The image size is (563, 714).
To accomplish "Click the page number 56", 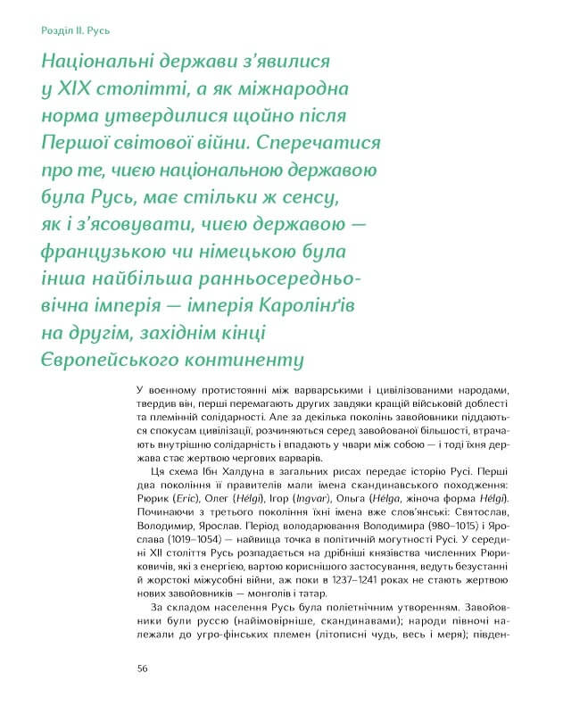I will tap(143, 668).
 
